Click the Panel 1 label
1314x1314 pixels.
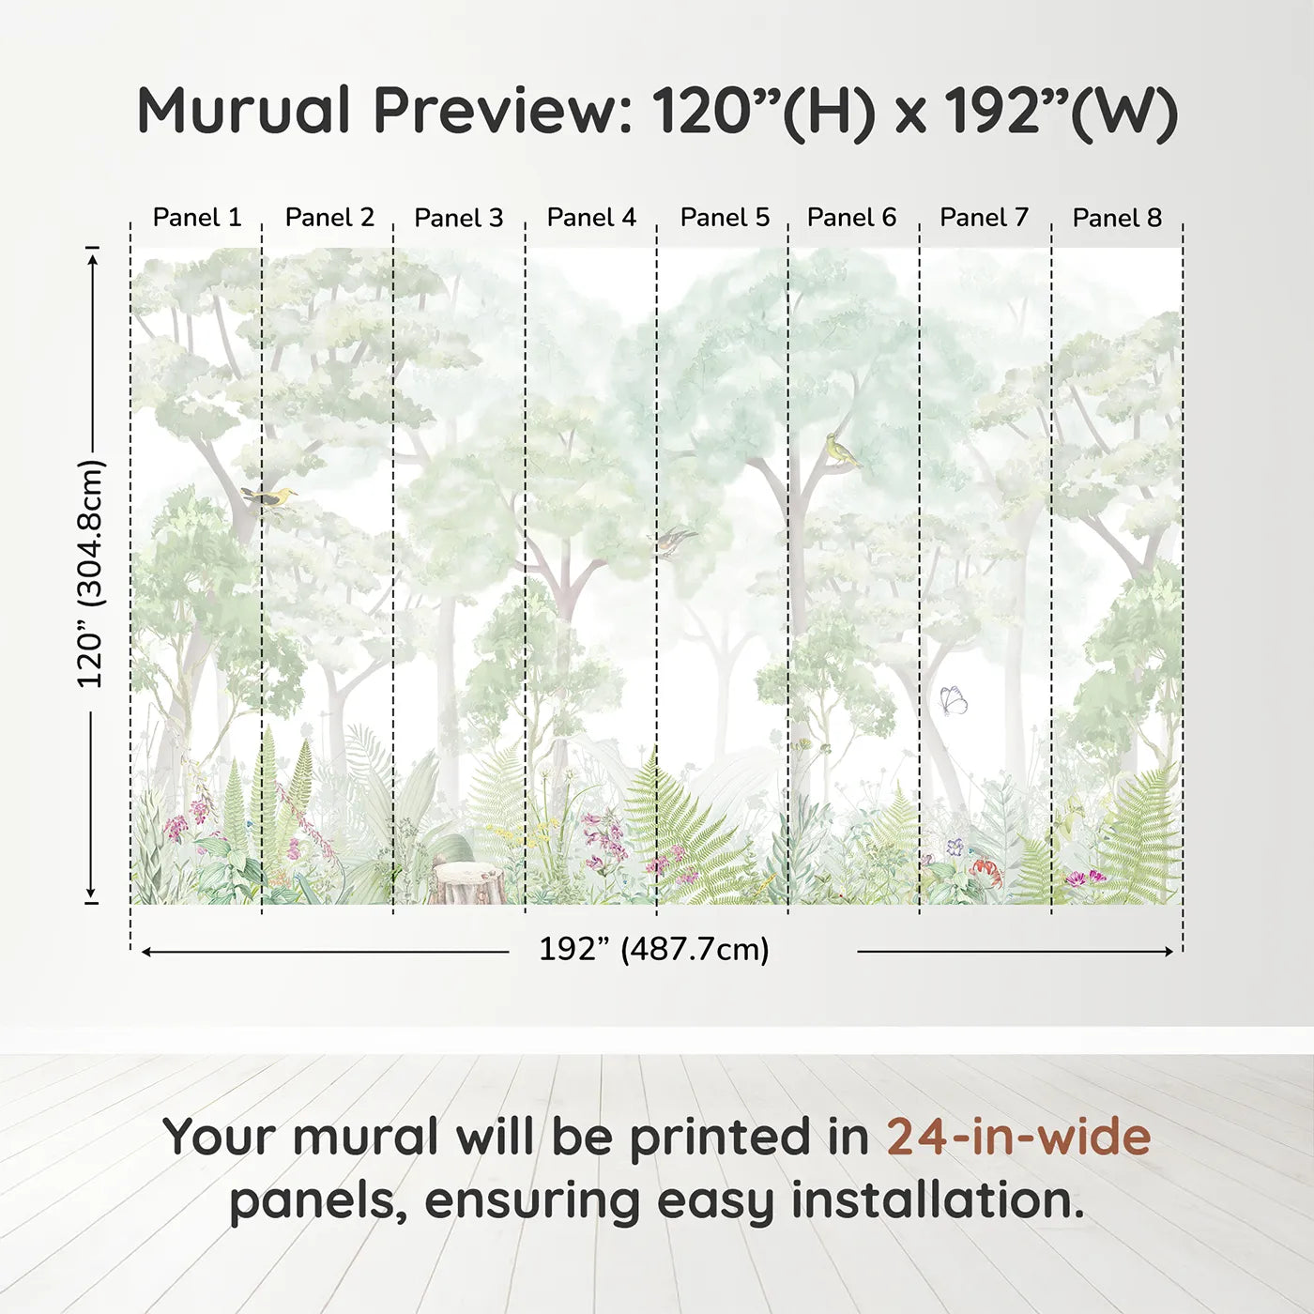pos(197,218)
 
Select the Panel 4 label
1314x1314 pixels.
pos(591,218)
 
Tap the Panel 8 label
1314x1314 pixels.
pos(1117,218)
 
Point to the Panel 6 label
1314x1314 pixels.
pos(851,218)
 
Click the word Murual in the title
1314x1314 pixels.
pos(244,111)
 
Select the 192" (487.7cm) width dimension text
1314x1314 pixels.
pos(653,950)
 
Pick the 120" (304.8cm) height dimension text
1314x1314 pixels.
pos(92,573)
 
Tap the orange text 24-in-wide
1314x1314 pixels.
pos(1018,1137)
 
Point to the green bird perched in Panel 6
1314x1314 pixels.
pos(841,450)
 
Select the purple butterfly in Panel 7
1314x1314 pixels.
pos(954,700)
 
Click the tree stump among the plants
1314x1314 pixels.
pos(468,882)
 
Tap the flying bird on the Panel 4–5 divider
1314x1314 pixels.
pos(673,540)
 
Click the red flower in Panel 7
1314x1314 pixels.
pos(986,871)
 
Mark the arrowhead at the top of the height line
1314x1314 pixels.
pos(92,257)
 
